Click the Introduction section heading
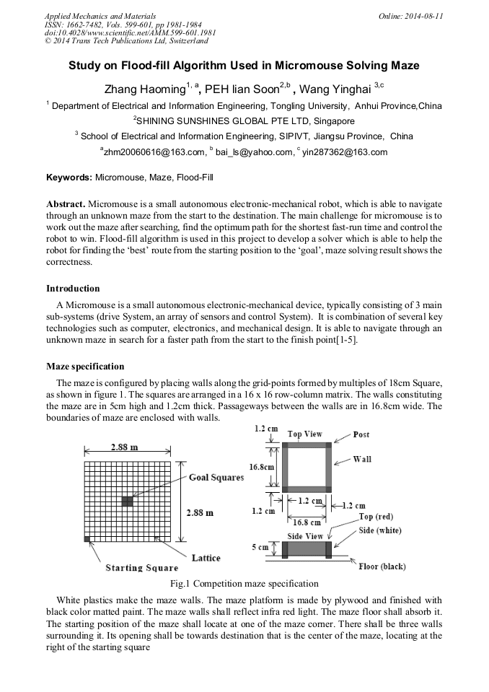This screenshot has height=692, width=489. tap(73, 289)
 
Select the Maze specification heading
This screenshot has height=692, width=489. tap(84, 367)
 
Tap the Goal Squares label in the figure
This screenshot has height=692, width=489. tap(216, 478)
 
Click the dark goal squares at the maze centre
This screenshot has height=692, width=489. tap(127, 500)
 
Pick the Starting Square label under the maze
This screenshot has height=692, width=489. tap(141, 568)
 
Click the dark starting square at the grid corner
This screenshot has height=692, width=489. tap(87, 539)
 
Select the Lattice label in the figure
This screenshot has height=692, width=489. tap(206, 558)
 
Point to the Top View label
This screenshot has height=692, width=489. tap(304, 434)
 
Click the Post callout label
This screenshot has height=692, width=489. tap(361, 435)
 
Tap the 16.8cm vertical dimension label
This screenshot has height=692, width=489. tap(261, 467)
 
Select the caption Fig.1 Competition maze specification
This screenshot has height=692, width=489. tap(244, 583)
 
